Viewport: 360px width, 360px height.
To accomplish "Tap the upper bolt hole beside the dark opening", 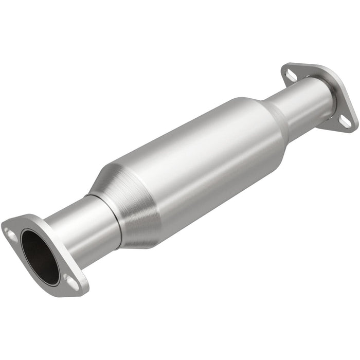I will pos(11,232).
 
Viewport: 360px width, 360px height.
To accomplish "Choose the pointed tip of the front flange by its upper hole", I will pos(4,226).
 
